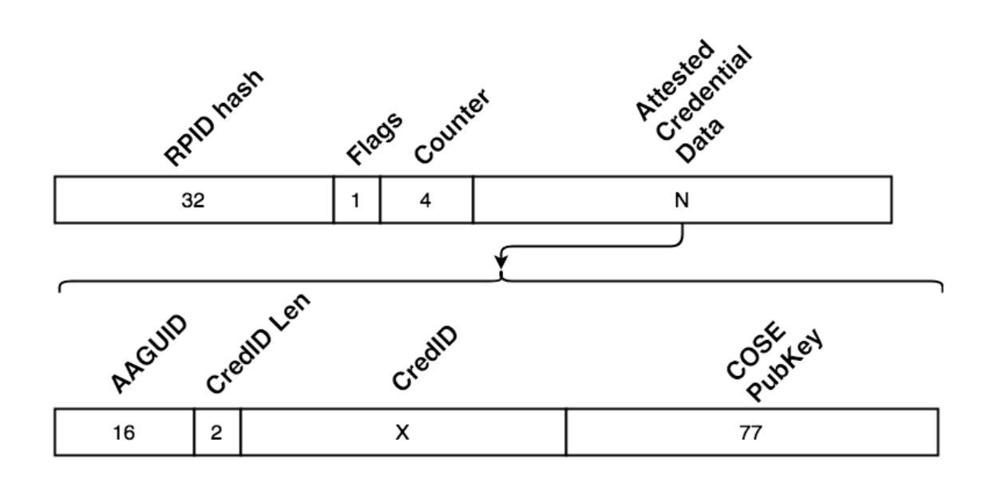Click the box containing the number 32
193,200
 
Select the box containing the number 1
356,200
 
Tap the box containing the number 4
426,200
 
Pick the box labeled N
681,200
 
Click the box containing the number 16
125,433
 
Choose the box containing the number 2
217,433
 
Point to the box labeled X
402,433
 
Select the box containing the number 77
751,433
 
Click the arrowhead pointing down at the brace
501,261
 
